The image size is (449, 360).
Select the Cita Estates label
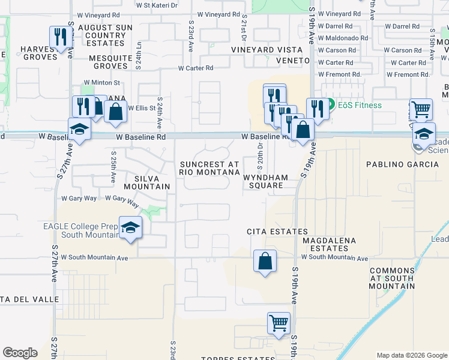(277, 232)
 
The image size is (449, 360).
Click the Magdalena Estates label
(330, 245)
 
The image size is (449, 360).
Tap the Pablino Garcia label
(399, 164)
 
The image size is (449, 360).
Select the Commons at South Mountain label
(392, 278)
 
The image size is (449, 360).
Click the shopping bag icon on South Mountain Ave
(265, 262)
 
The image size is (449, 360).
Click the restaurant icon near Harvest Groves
(61, 37)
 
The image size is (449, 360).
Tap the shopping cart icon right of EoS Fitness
(421, 110)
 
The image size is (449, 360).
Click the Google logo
(20, 353)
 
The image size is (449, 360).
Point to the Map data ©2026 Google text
(411, 355)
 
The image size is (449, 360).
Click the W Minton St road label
(102, 82)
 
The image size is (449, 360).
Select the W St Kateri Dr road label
(157, 5)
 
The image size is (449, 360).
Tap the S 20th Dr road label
(261, 155)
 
